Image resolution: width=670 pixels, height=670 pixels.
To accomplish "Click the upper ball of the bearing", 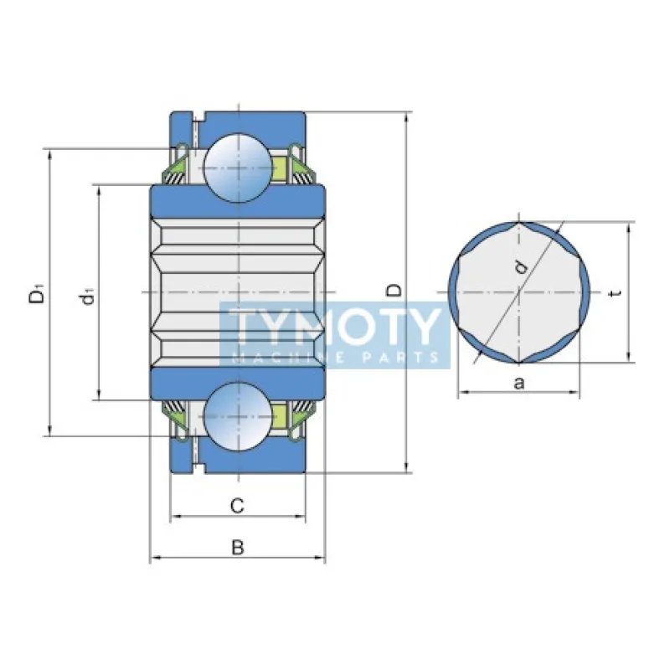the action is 238,168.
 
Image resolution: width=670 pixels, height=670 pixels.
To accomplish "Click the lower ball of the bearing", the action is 238,416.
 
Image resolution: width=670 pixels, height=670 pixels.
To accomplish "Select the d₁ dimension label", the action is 87,296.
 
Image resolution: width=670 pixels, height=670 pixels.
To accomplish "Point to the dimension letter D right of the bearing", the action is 394,291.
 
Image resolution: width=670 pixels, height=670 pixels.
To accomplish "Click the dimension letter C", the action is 237,506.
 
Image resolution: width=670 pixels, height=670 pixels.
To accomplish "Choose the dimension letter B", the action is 238,548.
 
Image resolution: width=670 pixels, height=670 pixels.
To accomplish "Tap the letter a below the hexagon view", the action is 518,383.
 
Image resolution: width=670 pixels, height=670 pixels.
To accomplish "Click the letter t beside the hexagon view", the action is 616,293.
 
